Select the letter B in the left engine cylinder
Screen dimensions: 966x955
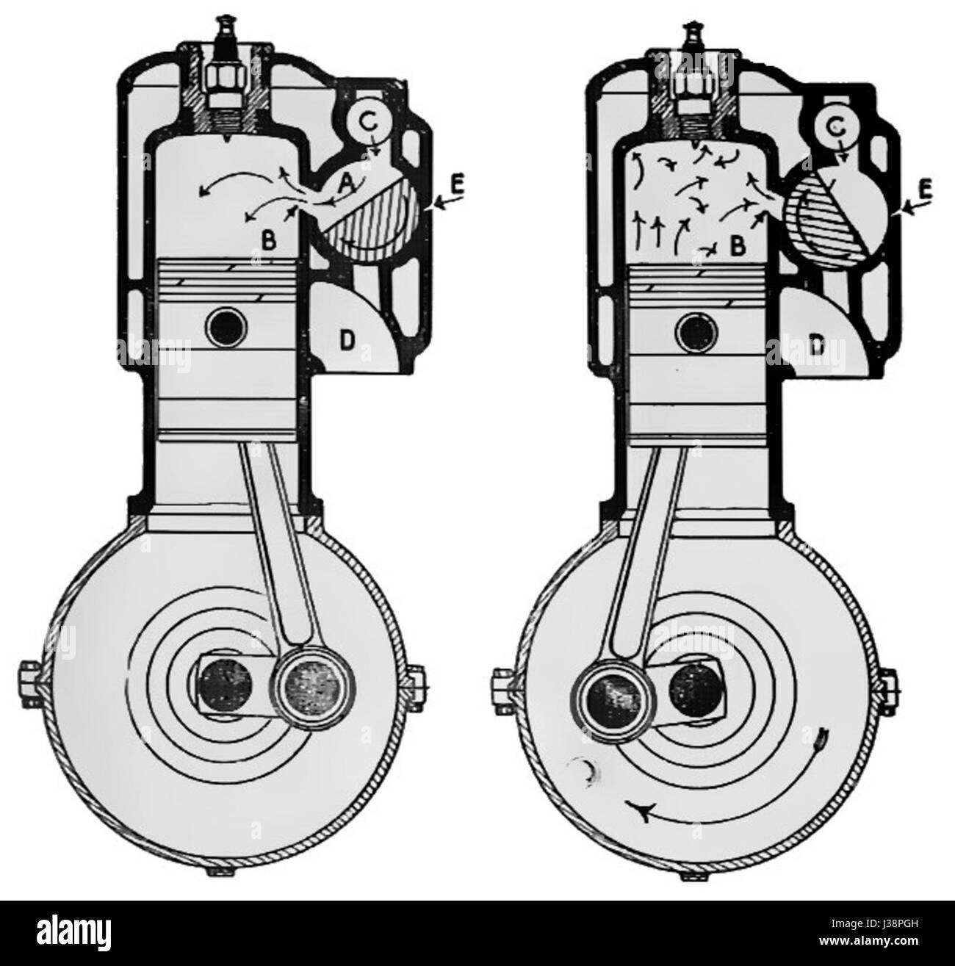[267, 240]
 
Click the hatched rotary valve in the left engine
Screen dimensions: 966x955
[375, 220]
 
